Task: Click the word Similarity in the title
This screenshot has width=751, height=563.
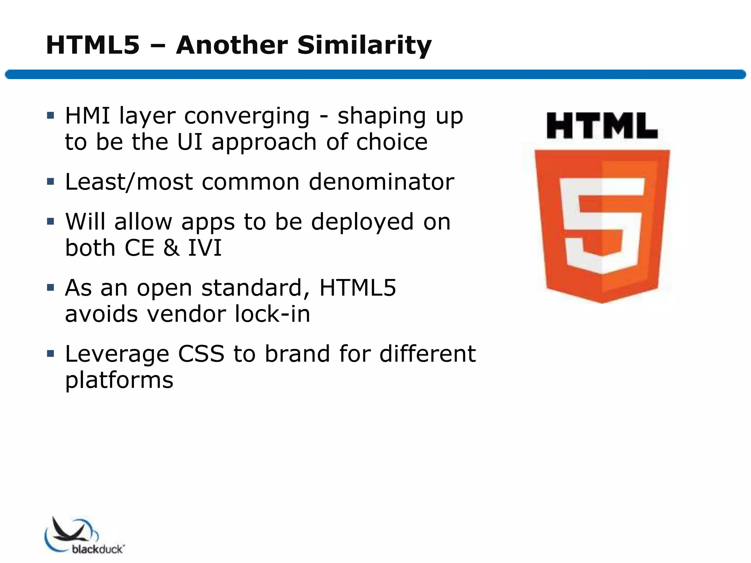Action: tap(364, 45)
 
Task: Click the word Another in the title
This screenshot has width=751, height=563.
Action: tap(232, 45)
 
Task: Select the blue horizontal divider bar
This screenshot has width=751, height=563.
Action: tap(375, 74)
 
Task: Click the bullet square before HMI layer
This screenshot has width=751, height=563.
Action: tap(51, 116)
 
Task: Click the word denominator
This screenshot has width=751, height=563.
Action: tap(381, 182)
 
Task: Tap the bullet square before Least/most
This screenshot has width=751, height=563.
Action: tap(51, 181)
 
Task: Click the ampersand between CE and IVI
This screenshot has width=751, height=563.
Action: tap(171, 248)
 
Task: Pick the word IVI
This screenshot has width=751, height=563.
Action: tap(205, 248)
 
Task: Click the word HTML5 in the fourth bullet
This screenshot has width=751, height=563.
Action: tap(358, 288)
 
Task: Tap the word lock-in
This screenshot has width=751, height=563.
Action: tap(272, 314)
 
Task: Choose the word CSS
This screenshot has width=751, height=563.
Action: tap(201, 354)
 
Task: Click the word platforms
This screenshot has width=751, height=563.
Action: tap(119, 380)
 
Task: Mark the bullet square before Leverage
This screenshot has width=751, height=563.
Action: tap(51, 354)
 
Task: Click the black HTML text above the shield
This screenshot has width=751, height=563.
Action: tap(602, 126)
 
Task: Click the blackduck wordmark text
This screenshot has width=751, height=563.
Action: tap(98, 549)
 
